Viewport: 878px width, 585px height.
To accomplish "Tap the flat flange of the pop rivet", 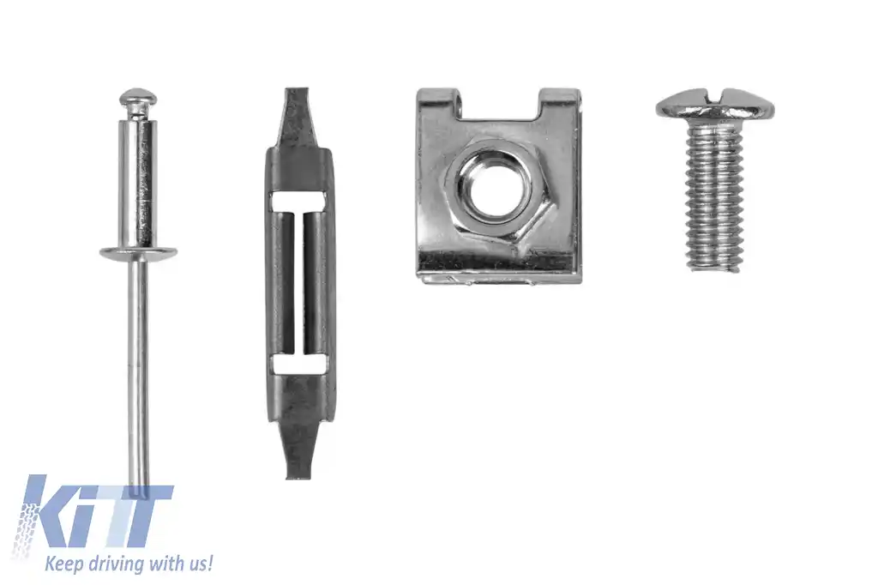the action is [x=138, y=253].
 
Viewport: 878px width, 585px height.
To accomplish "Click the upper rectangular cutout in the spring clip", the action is [x=298, y=202].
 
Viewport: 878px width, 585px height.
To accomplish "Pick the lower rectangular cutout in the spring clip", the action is [x=298, y=365].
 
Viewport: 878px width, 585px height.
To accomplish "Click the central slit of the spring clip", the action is [x=299, y=283].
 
